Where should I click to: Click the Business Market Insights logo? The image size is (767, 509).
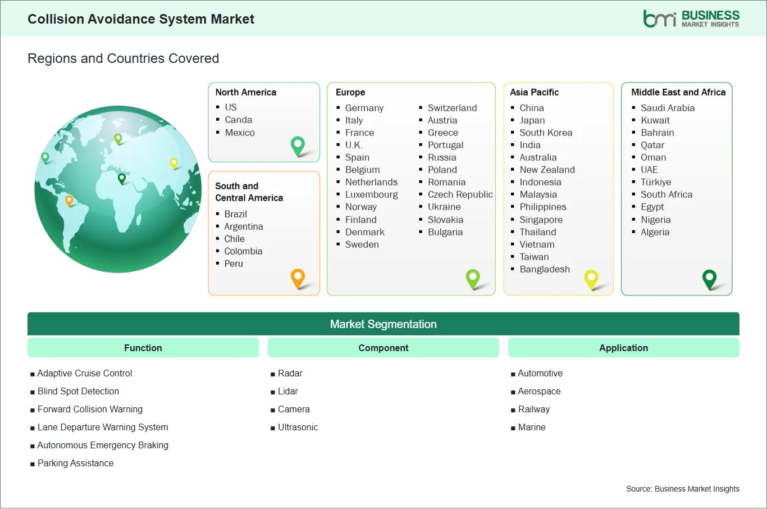[691, 19]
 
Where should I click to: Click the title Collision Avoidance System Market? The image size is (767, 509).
[141, 19]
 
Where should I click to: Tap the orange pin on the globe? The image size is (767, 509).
[69, 201]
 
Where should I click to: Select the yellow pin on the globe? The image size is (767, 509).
[174, 163]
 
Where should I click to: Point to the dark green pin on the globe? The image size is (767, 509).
[121, 179]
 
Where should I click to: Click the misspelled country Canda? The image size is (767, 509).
[238, 120]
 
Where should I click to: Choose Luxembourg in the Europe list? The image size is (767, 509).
[372, 194]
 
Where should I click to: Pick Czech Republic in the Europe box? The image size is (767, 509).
[460, 194]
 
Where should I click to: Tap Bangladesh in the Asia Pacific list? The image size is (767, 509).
[545, 269]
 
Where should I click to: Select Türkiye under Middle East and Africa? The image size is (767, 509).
[656, 182]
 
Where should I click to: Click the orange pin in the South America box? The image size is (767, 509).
[298, 279]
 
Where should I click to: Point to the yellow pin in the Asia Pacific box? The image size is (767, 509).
[591, 280]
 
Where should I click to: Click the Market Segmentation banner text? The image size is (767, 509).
[383, 324]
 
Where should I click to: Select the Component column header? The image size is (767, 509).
[383, 348]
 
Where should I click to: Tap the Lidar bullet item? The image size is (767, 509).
[287, 391]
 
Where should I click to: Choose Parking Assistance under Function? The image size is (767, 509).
[75, 463]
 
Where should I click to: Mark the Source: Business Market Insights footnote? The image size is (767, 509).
[682, 489]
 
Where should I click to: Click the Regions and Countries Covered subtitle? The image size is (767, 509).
[124, 58]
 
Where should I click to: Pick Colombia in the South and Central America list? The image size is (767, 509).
[243, 252]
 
